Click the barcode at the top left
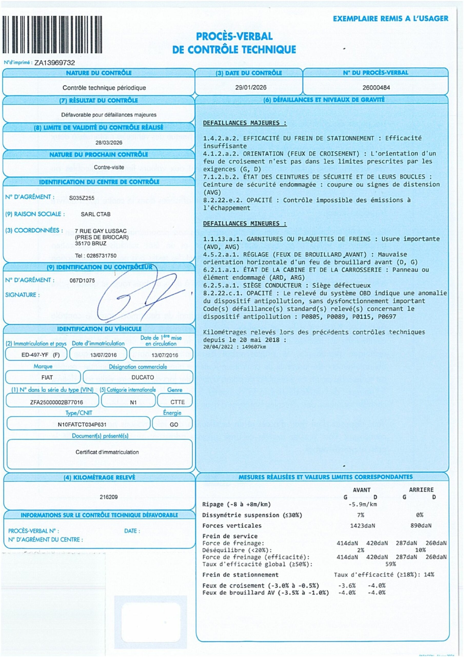click(52, 35)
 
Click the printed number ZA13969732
click(55, 63)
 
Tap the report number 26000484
click(376, 88)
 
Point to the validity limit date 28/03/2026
click(109, 142)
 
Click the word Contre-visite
click(109, 167)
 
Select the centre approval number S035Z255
click(82, 198)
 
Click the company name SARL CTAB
click(96, 214)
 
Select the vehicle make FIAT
click(47, 378)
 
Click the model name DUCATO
click(143, 378)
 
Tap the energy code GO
click(174, 425)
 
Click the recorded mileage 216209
click(109, 497)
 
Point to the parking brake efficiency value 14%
click(429, 575)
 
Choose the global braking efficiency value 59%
click(390, 564)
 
